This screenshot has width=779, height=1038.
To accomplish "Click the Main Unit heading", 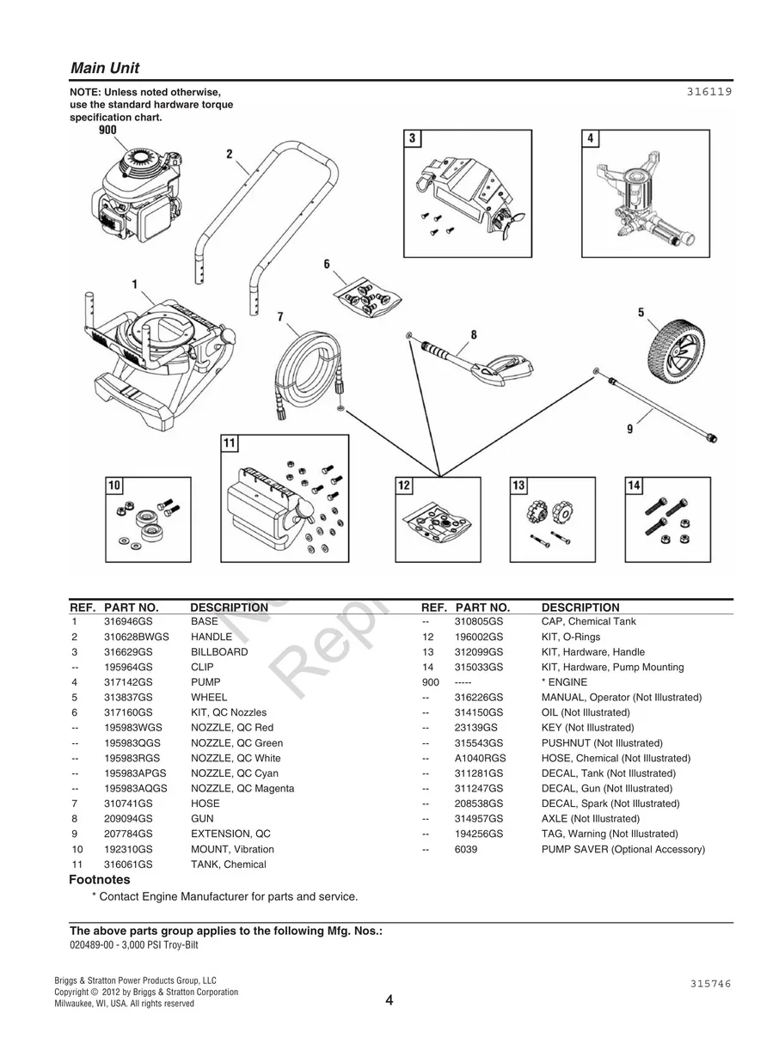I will [105, 69].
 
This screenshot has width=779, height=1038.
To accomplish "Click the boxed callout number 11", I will [230, 443].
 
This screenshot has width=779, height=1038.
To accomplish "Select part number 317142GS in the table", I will [127, 682].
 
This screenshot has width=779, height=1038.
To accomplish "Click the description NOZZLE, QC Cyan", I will [234, 773].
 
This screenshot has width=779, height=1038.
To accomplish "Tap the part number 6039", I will [466, 849].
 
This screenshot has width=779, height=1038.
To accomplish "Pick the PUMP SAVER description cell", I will [623, 849].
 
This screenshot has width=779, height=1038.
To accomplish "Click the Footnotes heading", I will [100, 880].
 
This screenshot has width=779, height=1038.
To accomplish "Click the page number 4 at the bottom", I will [389, 1000].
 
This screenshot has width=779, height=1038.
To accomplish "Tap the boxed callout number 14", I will [634, 486].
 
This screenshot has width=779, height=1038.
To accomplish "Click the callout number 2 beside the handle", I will [230, 155].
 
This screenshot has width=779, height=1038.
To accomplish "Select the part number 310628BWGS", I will [136, 637].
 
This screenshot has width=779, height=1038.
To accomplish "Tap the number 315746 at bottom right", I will [710, 984].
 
